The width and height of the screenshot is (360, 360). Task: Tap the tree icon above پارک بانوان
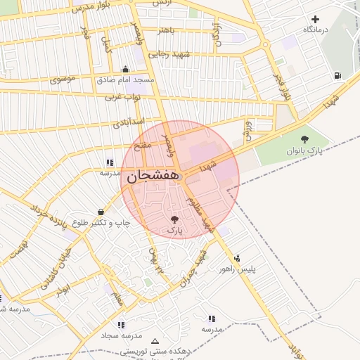coord(304,139)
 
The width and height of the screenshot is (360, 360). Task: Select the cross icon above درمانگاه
coord(315,19)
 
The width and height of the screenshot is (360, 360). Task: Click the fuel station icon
coord(339,75)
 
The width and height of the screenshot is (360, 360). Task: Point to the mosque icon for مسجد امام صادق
coord(125,69)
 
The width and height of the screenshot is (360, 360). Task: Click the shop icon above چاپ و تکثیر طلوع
coord(101,212)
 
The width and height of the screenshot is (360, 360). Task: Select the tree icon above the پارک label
coord(174,220)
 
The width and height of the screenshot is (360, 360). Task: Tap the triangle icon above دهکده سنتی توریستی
coord(155,340)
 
